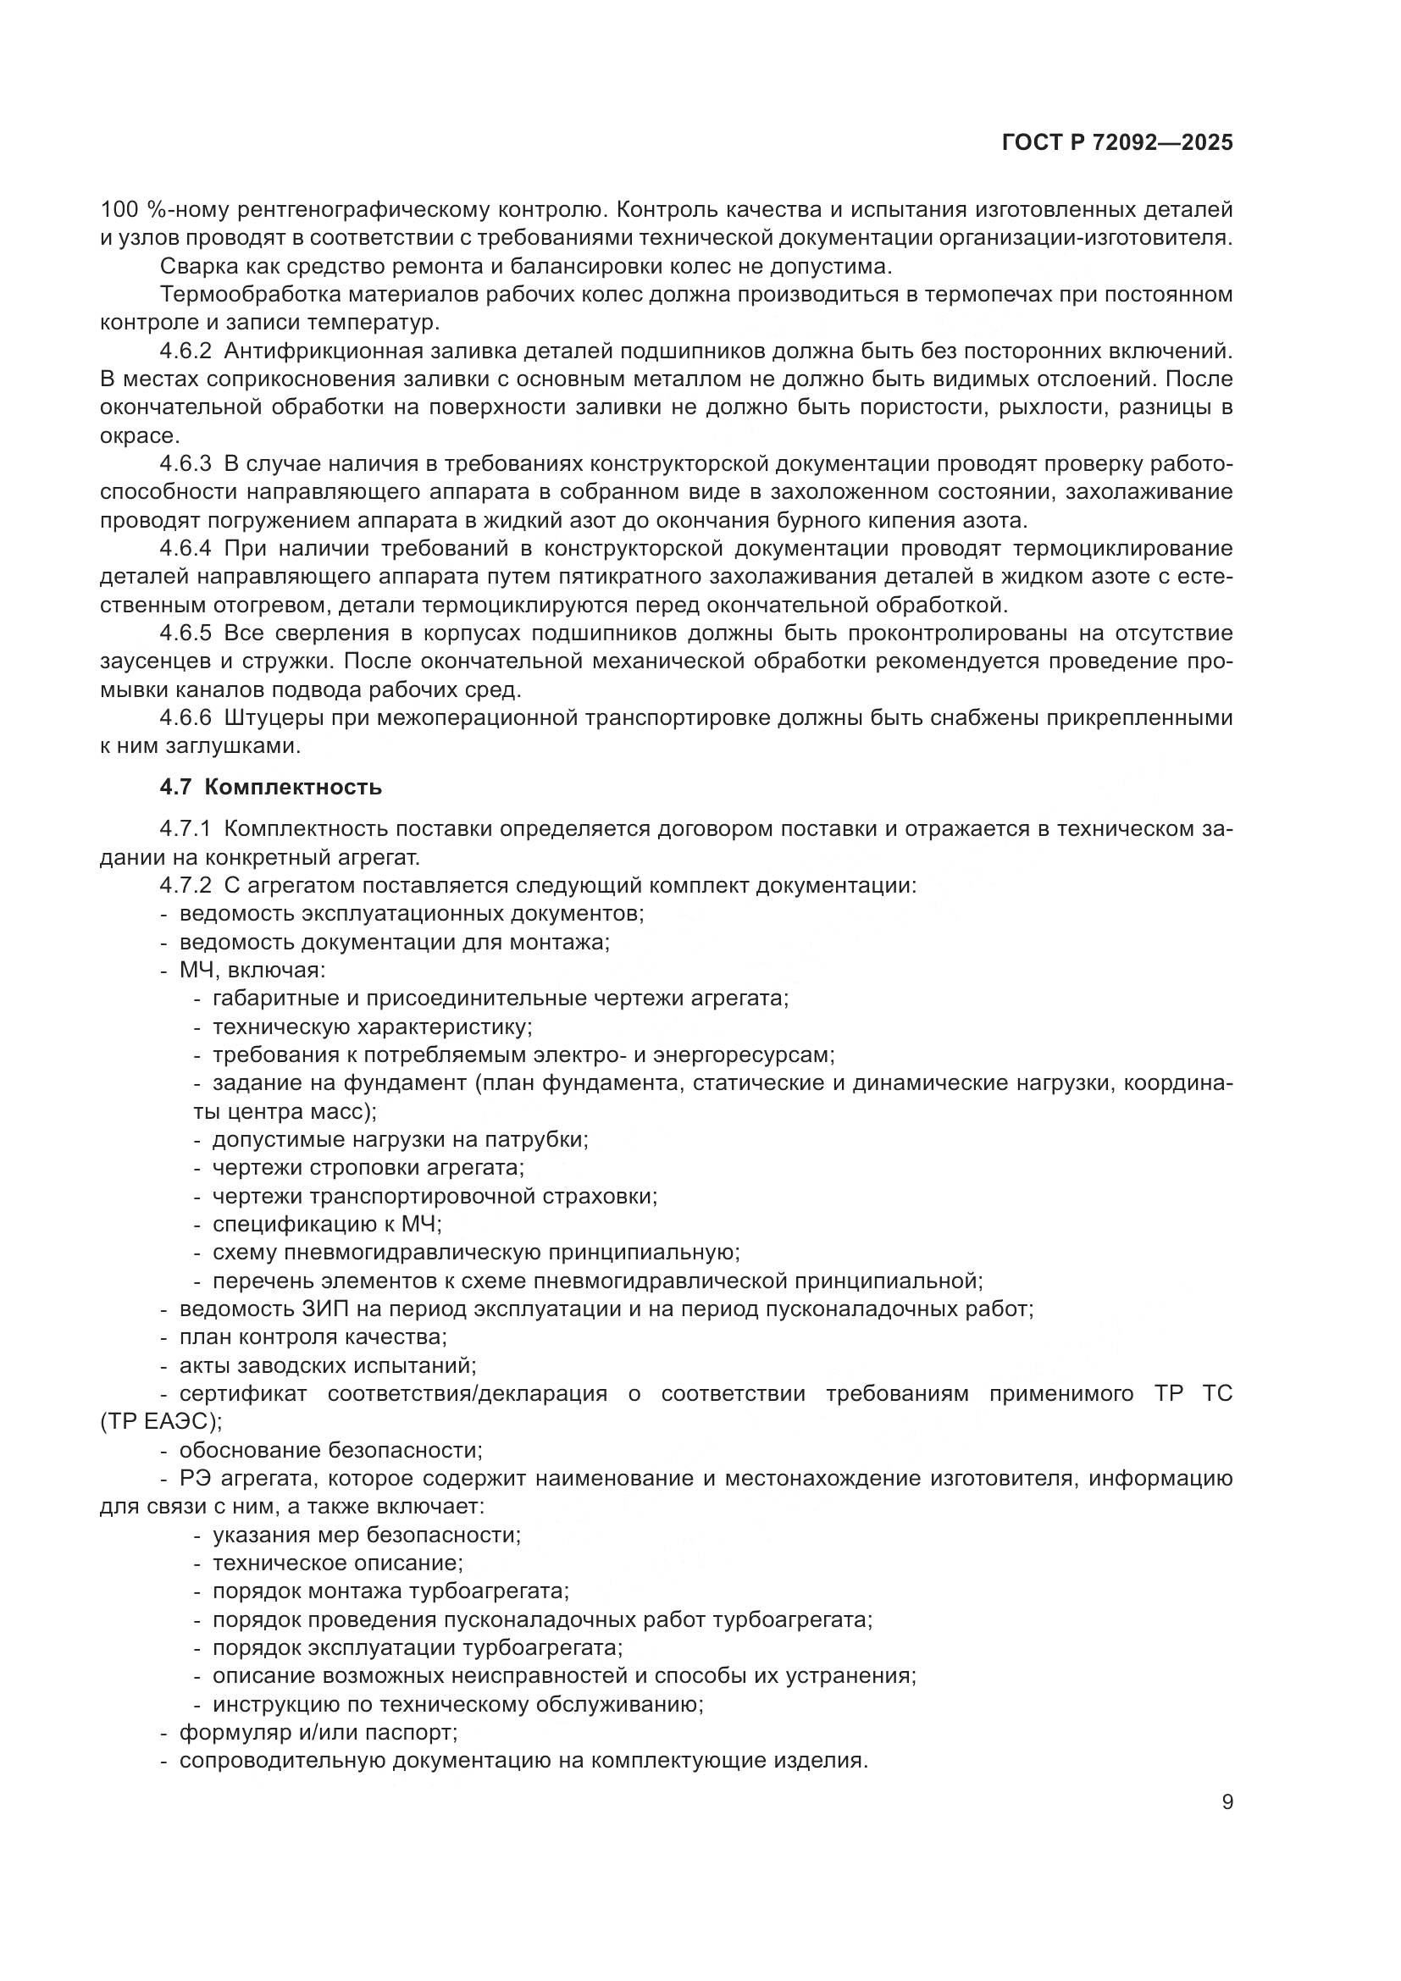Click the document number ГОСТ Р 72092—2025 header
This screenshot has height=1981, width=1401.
(x=1117, y=143)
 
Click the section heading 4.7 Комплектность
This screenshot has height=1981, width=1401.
(x=270, y=787)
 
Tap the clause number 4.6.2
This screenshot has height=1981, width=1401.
(x=186, y=351)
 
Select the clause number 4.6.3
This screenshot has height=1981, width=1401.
(x=186, y=464)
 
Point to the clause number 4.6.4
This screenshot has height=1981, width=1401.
(x=186, y=549)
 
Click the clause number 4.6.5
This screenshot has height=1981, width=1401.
(x=186, y=634)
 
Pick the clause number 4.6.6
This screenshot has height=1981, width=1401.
(x=186, y=718)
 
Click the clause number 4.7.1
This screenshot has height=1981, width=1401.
(x=186, y=829)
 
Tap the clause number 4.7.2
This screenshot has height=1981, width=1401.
(x=186, y=885)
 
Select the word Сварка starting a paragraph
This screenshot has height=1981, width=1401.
(x=191, y=267)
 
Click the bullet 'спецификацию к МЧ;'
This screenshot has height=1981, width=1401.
(x=327, y=1224)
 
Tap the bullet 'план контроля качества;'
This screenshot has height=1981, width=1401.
(x=313, y=1337)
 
